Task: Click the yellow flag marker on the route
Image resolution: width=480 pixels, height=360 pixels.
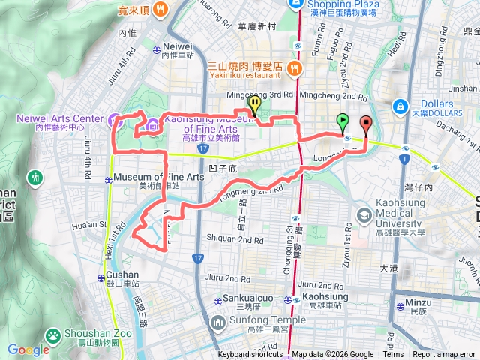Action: pyautogui.click(x=254, y=104)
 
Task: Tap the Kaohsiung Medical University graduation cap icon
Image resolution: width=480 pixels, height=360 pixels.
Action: pyautogui.click(x=364, y=215)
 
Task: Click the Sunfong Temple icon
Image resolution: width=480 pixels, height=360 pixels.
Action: pyautogui.click(x=218, y=322)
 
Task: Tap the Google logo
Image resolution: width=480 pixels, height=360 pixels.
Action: pyautogui.click(x=28, y=349)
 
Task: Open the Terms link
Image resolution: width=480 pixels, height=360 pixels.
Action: pyautogui.click(x=393, y=355)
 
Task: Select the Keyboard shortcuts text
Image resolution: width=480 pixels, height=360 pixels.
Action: pyautogui.click(x=250, y=355)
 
